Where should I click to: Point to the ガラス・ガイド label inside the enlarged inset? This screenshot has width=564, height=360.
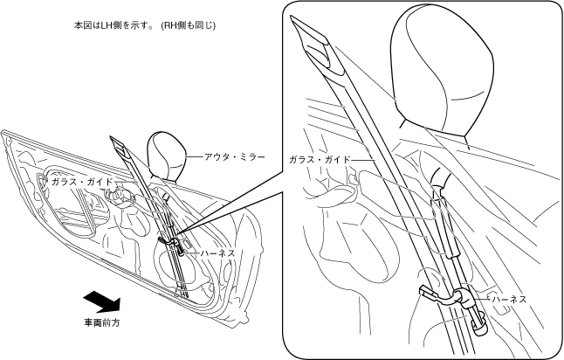pos(319,160)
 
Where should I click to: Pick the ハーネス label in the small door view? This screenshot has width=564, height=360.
pos(217,253)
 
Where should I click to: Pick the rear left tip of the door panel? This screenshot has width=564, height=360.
pos(4,134)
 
